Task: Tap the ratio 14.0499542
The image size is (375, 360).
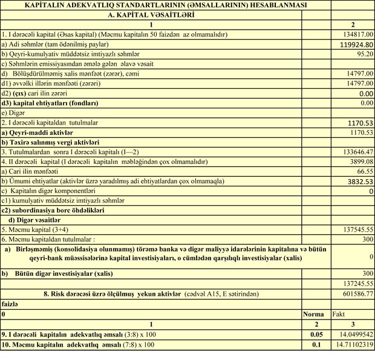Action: pos(353,334)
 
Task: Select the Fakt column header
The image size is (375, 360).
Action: pos(340,314)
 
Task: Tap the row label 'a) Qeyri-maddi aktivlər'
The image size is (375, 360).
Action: pos(37,132)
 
